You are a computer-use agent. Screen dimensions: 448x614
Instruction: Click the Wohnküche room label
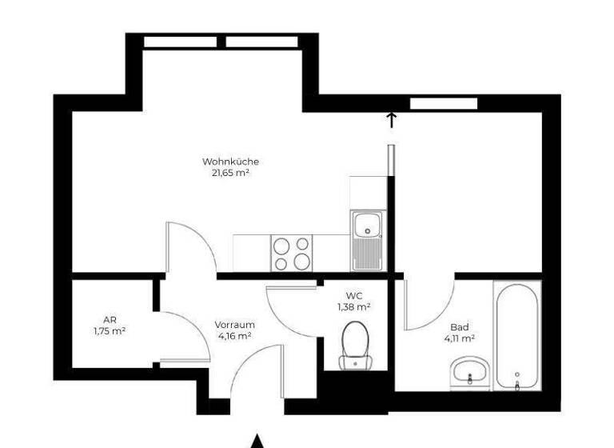[230, 162]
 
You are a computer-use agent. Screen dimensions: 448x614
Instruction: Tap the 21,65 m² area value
[230, 172]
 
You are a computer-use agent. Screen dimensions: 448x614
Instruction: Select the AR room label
[110, 319]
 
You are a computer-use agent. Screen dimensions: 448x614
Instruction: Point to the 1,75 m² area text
[110, 330]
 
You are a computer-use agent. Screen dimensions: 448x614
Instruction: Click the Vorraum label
[234, 325]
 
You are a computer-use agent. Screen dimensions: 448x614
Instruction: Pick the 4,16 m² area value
[234, 336]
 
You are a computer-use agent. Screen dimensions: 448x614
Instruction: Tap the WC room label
[354, 295]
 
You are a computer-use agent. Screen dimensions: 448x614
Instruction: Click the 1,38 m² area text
[354, 306]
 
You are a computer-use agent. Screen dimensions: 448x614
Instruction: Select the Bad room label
[459, 327]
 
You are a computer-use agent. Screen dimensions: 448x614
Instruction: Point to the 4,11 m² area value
[459, 338]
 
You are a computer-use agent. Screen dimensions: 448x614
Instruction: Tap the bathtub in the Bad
[517, 336]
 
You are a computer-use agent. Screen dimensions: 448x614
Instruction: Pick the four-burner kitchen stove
[291, 254]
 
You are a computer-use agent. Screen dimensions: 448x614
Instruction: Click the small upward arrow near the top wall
[392, 120]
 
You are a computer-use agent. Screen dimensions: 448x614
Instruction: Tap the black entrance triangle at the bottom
[257, 441]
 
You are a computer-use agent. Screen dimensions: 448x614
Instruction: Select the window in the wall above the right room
[444, 103]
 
